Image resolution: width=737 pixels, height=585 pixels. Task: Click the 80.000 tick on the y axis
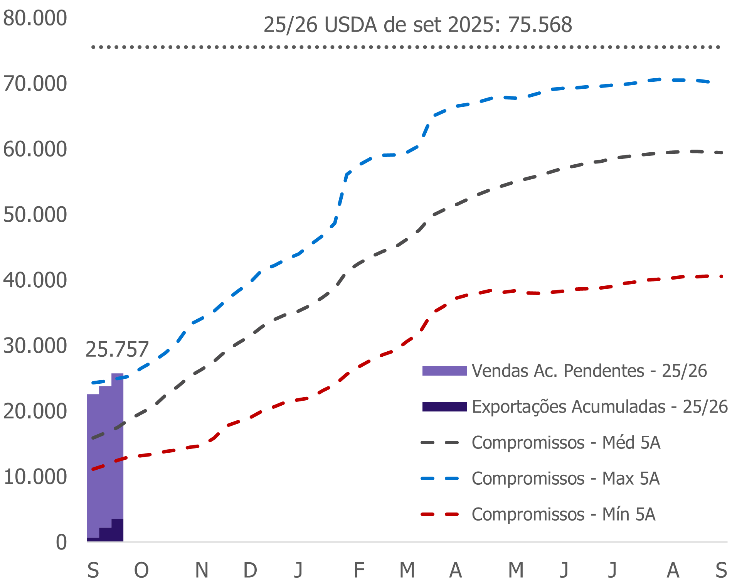[x=35, y=18]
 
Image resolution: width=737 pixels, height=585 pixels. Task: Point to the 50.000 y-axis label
[x=35, y=215]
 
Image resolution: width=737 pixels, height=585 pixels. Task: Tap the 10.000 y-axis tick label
[x=35, y=477]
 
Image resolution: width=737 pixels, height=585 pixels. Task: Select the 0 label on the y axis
[x=61, y=543]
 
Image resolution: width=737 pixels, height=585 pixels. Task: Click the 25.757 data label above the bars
[x=117, y=349]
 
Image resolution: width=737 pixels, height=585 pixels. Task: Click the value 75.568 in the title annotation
[x=540, y=25]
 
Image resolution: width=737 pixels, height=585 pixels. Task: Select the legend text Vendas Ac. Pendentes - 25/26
[x=589, y=371]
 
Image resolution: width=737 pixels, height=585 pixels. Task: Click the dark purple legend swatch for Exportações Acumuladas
[x=444, y=406]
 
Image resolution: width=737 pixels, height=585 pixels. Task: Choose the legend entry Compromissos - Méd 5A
[x=566, y=442]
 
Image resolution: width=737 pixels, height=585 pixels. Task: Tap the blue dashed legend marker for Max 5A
[x=440, y=479]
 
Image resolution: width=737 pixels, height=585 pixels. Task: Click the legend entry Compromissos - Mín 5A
[x=563, y=514]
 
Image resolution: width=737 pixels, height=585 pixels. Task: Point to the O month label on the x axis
[x=141, y=570]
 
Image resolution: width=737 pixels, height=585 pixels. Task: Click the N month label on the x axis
[x=202, y=570]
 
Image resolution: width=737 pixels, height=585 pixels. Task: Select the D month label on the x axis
[x=250, y=570]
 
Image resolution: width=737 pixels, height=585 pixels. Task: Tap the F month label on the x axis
[x=359, y=570]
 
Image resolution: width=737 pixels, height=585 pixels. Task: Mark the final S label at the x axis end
[x=721, y=570]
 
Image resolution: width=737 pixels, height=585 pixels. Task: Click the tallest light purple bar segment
[x=118, y=443]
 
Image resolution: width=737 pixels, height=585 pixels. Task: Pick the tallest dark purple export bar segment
[x=118, y=530]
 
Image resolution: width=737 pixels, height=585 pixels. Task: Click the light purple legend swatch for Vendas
[x=444, y=371]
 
